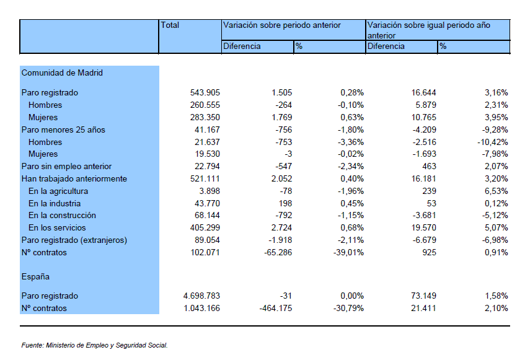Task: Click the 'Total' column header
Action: [x=170, y=25]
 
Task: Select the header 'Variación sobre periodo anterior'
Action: [x=281, y=25]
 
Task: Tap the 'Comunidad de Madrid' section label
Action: [x=62, y=72]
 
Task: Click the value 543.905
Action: [x=205, y=93]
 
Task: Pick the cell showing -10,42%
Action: [x=493, y=142]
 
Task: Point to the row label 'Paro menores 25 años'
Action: [x=63, y=130]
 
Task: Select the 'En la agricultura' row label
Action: [x=58, y=191]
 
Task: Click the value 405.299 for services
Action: [x=205, y=228]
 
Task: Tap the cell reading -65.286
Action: [x=278, y=253]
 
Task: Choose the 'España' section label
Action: [x=35, y=277]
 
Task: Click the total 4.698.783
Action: [x=201, y=296]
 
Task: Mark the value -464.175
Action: [x=276, y=308]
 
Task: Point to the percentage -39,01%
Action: [x=348, y=253]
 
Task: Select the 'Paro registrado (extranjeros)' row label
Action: [x=74, y=240]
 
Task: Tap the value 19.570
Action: [x=423, y=228]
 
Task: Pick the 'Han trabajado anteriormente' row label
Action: [x=74, y=179]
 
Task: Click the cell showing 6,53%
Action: [x=496, y=191]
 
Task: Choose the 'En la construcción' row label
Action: [x=62, y=216]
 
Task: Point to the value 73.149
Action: [x=423, y=296]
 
